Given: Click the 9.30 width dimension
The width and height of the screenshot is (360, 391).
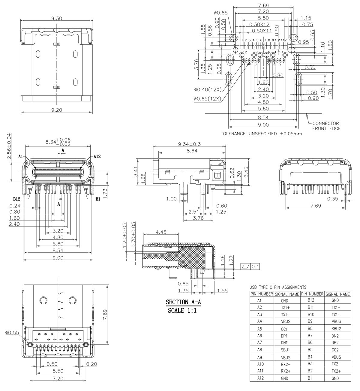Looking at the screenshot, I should (56, 18).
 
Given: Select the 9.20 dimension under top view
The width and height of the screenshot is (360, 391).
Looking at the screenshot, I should (56, 110).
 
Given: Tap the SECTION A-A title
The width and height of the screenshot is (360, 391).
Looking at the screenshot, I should (183, 302).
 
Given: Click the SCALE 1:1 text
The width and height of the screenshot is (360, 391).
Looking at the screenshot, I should (182, 311).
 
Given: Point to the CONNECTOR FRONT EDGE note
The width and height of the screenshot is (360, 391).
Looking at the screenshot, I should (326, 126).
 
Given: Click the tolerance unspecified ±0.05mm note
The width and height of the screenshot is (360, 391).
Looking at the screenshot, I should (261, 134).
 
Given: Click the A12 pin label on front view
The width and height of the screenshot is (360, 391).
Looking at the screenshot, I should (97, 156).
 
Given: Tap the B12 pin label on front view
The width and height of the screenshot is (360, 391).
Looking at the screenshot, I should (17, 199).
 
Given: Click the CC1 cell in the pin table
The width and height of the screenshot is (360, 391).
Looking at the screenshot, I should (284, 329).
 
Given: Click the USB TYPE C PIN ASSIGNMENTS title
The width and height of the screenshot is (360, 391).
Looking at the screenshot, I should (278, 287).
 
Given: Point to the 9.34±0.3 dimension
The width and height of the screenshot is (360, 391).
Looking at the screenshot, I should (189, 144).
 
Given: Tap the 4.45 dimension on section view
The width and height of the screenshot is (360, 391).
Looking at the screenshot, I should (161, 232).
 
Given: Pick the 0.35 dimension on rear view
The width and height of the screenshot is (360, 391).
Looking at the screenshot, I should (332, 199).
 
